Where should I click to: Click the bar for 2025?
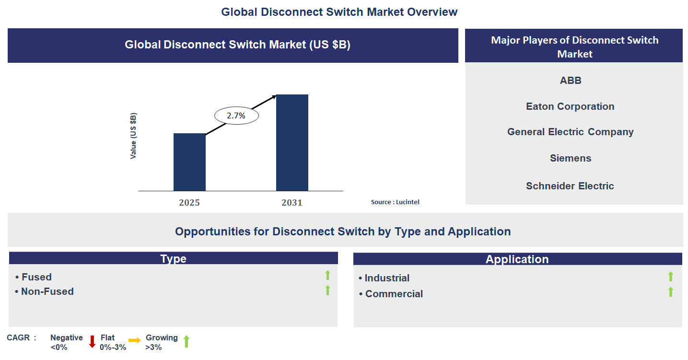click(x=189, y=162)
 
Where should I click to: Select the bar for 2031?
click(x=292, y=143)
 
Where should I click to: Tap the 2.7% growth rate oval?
click(x=236, y=116)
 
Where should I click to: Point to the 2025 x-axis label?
click(x=189, y=203)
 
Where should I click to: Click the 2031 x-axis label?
click(x=292, y=203)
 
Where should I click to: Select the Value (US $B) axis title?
click(x=133, y=136)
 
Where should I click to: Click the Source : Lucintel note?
click(x=395, y=202)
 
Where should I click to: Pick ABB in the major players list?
click(x=571, y=81)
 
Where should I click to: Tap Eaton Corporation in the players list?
click(x=570, y=106)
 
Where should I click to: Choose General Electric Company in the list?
click(x=570, y=132)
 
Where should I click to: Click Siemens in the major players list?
click(x=571, y=158)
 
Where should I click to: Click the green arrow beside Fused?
click(x=328, y=275)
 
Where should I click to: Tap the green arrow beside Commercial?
click(x=671, y=292)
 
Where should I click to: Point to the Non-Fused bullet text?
click(x=47, y=291)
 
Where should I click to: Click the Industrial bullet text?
click(x=387, y=278)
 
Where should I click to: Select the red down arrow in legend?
click(x=92, y=342)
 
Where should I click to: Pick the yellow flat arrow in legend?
click(x=135, y=340)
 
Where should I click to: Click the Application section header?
click(x=517, y=259)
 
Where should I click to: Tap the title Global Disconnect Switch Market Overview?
click(x=339, y=12)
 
